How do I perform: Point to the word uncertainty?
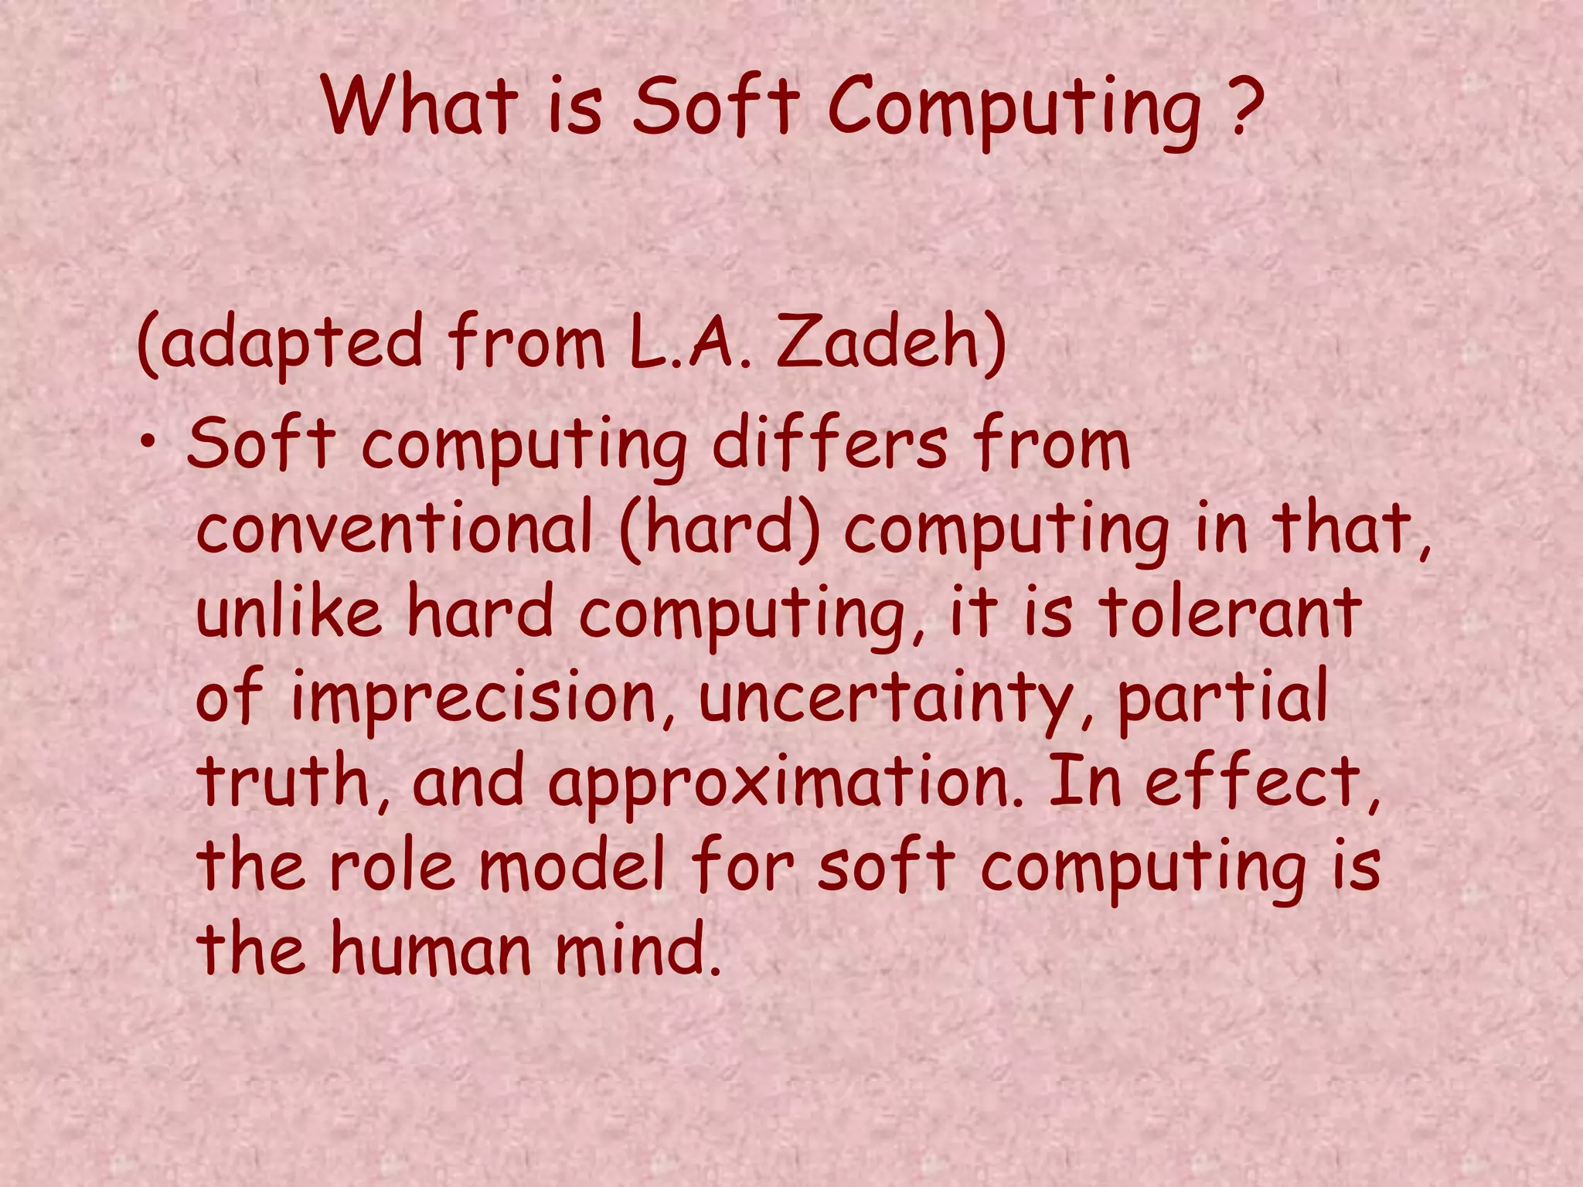click(x=897, y=699)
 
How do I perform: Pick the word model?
click(x=573, y=866)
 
